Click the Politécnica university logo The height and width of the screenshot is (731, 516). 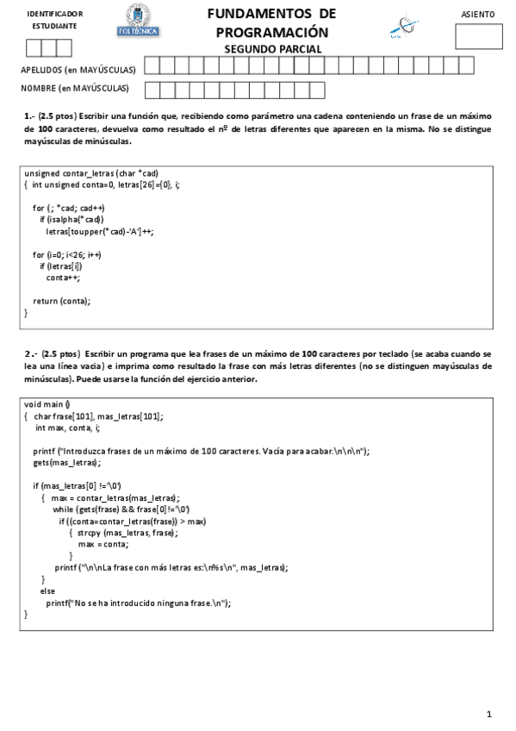pyautogui.click(x=138, y=22)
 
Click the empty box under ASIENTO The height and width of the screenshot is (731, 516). pyautogui.click(x=478, y=37)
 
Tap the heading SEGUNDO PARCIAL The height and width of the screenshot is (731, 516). pyautogui.click(x=272, y=49)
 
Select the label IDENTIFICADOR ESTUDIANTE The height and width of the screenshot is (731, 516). pyautogui.click(x=55, y=20)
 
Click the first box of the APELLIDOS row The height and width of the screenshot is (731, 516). pyautogui.click(x=152, y=66)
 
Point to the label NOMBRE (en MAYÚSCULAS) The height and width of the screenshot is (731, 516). pyautogui.click(x=75, y=88)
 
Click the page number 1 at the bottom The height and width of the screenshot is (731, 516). pyautogui.click(x=488, y=713)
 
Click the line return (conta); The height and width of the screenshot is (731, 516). pyautogui.click(x=61, y=301)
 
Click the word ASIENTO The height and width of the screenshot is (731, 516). pyautogui.click(x=478, y=15)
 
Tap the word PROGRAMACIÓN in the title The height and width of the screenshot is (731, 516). pyautogui.click(x=272, y=31)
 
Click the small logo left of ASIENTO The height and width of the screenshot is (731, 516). pyautogui.click(x=401, y=27)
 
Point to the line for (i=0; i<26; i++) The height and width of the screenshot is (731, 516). pyautogui.click(x=67, y=254)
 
